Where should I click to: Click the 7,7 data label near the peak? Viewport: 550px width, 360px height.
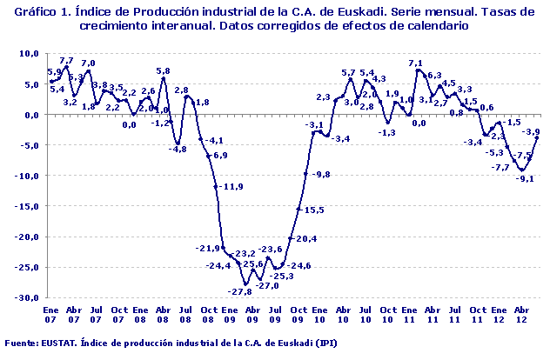tap(66, 60)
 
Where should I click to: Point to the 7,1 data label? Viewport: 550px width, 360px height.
tap(416, 63)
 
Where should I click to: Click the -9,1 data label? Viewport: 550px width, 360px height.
tap(526, 178)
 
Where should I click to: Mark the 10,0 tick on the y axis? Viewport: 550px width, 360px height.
tap(29, 53)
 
